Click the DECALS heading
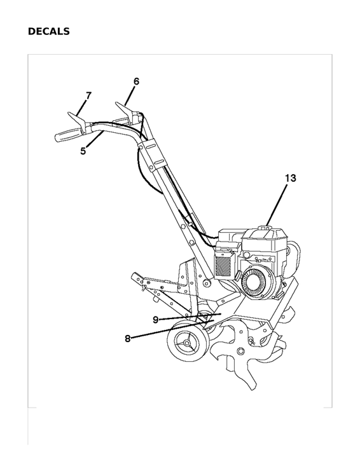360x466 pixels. coord(49,31)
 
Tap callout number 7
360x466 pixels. coord(88,95)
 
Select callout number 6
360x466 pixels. coord(136,81)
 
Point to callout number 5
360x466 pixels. coord(83,151)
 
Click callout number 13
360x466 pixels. coord(291,178)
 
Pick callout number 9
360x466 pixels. coord(155,320)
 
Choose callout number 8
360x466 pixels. coord(128,338)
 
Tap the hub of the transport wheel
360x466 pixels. coord(187,343)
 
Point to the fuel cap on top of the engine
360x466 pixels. coord(265,228)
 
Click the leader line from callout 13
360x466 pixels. coord(277,205)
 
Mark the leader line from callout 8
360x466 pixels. coord(172,329)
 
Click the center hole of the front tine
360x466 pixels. coord(240,351)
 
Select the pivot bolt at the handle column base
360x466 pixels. coord(206,283)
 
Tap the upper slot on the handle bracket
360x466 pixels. coord(149,147)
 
